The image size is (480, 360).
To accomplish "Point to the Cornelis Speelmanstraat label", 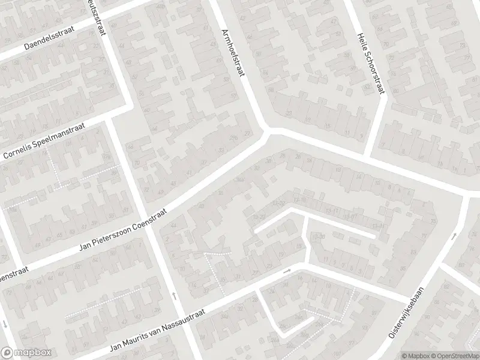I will [x=45, y=142].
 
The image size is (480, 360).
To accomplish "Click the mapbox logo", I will [x=25, y=352].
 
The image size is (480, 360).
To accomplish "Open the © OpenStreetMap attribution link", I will [x=454, y=356].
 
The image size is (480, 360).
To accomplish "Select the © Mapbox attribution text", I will [x=415, y=356].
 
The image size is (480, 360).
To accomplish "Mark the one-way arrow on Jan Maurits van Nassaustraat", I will [x=287, y=271].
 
